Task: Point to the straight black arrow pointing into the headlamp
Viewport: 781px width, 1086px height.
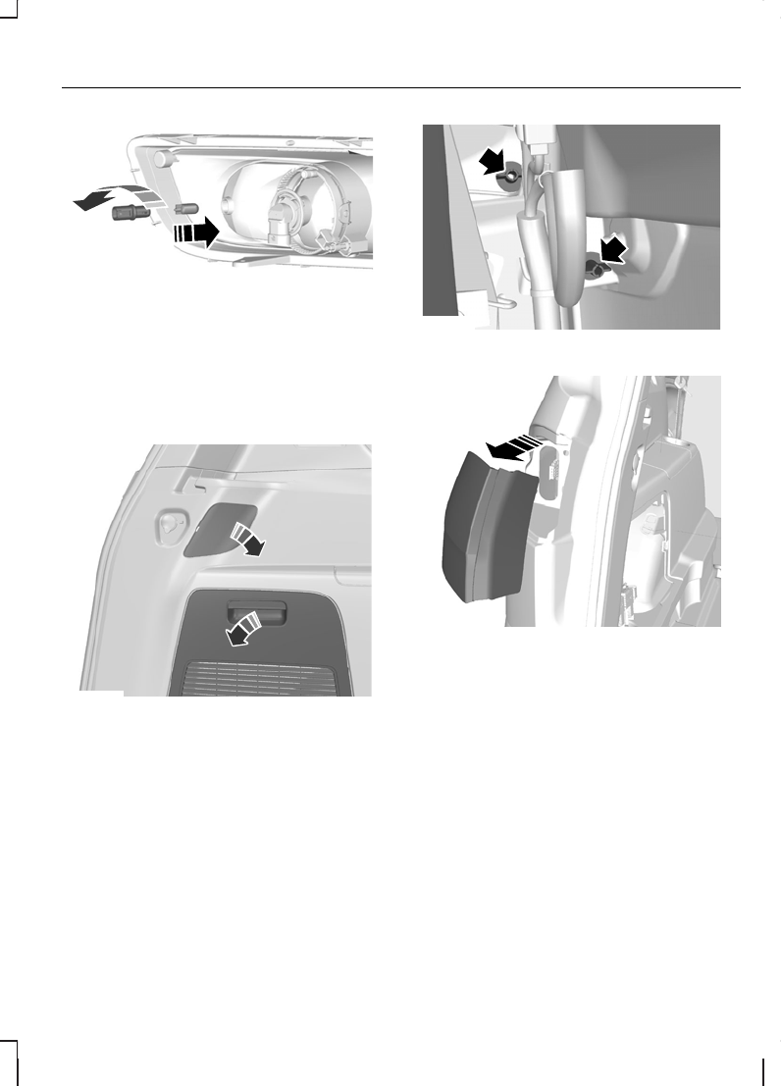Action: coord(195,233)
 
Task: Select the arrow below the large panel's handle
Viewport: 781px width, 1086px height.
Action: coord(240,628)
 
